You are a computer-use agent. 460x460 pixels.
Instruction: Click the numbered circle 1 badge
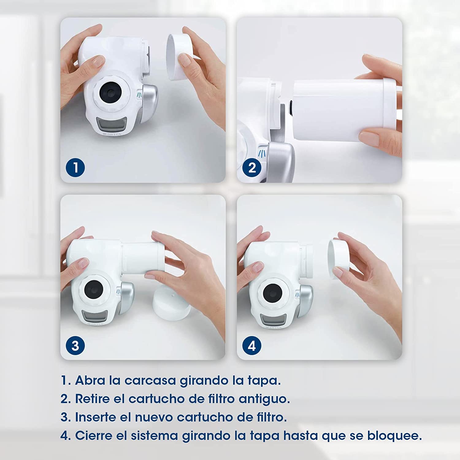(75, 167)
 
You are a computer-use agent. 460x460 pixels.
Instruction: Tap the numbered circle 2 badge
(252, 167)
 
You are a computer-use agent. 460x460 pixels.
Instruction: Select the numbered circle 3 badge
(75, 346)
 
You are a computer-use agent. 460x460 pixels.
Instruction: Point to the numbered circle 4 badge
(252, 346)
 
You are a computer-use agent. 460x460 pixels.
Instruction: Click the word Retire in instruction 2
(92, 399)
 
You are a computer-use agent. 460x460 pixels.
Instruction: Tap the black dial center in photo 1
(110, 92)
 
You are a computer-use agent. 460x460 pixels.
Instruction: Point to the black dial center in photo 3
(94, 289)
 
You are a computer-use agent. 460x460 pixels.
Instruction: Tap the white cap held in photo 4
(339, 259)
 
